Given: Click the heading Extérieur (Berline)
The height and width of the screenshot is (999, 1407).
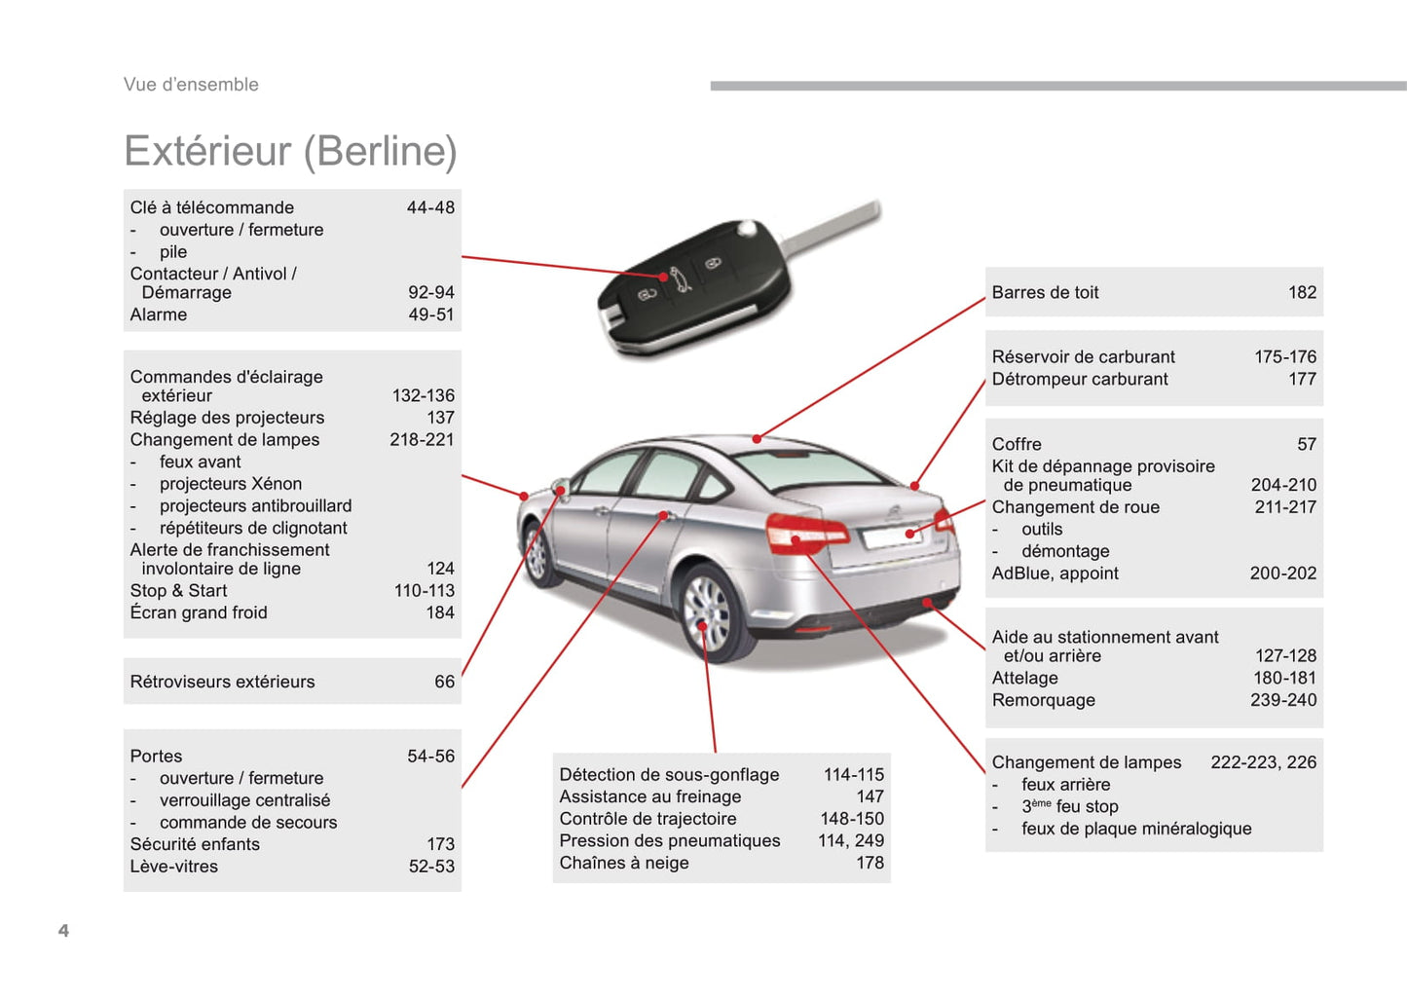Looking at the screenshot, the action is tap(290, 152).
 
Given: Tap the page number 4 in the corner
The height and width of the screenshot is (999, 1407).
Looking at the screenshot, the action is tap(63, 931).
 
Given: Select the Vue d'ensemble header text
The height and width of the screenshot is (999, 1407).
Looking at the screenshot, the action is tap(191, 84).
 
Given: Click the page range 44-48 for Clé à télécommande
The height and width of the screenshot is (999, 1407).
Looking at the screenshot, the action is tap(430, 207).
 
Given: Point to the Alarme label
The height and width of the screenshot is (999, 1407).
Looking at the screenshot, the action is tap(159, 314).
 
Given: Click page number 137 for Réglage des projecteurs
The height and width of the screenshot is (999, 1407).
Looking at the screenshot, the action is tap(440, 417).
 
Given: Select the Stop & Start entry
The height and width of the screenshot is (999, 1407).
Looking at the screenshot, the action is tap(178, 591).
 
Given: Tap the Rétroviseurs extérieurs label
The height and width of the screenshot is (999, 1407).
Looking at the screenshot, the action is tap(222, 682).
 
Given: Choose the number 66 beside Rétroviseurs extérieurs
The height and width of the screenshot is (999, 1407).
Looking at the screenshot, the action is tap(444, 682).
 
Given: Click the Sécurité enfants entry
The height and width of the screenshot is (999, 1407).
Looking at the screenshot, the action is tap(195, 844).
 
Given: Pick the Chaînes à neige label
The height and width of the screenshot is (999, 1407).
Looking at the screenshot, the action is tap(624, 863).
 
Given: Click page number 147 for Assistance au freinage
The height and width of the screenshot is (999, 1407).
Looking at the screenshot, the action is tap(870, 796).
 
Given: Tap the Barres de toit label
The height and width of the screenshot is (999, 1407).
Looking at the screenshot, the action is tap(1045, 292).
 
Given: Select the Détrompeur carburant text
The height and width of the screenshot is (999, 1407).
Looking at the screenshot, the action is tap(1080, 379).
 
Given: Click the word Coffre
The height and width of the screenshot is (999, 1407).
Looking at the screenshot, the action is tap(1017, 444).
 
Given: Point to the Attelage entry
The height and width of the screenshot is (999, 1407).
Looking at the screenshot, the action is tap(1024, 678).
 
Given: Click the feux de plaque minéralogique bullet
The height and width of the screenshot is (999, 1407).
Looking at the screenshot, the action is tap(1136, 829).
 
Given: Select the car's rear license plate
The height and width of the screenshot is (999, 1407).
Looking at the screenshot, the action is tap(892, 536).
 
